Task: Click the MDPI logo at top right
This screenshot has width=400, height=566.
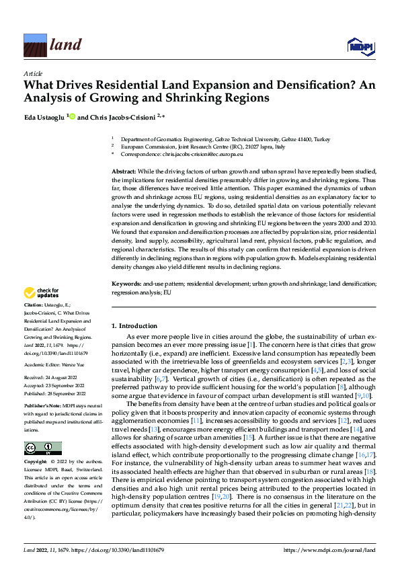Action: pyautogui.click(x=360, y=45)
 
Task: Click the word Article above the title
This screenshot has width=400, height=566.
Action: pyautogui.click(x=33, y=73)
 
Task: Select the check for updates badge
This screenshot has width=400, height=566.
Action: pyautogui.click(x=41, y=292)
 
